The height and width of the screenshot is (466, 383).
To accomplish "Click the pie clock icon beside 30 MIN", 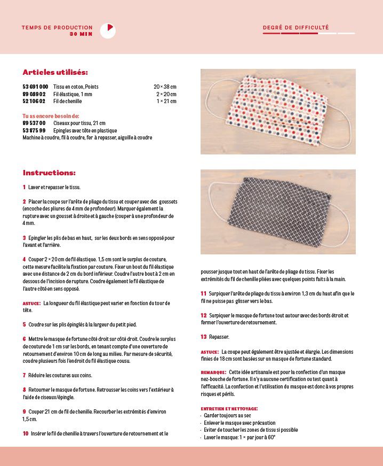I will (108, 30).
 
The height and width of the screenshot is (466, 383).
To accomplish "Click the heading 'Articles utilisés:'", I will (55, 72).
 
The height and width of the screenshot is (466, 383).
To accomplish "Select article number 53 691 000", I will (35, 87).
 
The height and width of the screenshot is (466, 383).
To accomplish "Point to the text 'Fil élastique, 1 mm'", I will (73, 94).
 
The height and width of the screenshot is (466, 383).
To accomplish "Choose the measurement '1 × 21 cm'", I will (166, 101).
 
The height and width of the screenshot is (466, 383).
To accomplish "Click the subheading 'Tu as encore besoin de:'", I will (51, 116).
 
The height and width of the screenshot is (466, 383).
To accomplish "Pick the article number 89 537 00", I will (34, 123).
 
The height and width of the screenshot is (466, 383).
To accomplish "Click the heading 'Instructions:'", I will (49, 173).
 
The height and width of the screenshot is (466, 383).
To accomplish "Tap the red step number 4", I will (25, 259).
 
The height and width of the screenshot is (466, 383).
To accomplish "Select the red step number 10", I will (26, 433).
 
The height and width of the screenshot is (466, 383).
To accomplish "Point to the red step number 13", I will (204, 337).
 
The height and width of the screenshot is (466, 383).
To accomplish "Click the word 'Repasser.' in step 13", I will (219, 337).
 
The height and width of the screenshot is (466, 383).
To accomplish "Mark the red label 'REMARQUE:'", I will (213, 372).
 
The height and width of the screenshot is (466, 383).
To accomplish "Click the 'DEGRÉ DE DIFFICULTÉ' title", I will (296, 28).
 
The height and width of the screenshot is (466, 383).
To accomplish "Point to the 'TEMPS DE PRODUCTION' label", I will (57, 28).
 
